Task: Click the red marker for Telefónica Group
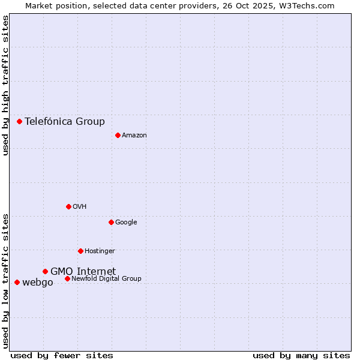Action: (19, 121)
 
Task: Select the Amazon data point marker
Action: (118, 135)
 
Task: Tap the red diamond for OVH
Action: (68, 206)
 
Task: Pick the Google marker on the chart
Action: (111, 222)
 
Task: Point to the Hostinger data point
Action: (80, 251)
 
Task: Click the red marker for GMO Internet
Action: (45, 271)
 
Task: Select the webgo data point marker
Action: (17, 282)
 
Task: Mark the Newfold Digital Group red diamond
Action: (67, 278)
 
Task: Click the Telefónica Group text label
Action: (65, 121)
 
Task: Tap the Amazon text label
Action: (134, 136)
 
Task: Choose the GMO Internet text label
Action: (83, 271)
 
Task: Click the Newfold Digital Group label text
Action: (106, 278)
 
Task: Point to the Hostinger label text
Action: (100, 251)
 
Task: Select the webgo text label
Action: (37, 283)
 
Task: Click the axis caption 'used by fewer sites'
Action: (62, 355)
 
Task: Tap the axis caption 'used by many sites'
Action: (301, 355)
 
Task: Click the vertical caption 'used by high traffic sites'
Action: (5, 85)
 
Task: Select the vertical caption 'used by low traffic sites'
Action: (5, 281)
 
